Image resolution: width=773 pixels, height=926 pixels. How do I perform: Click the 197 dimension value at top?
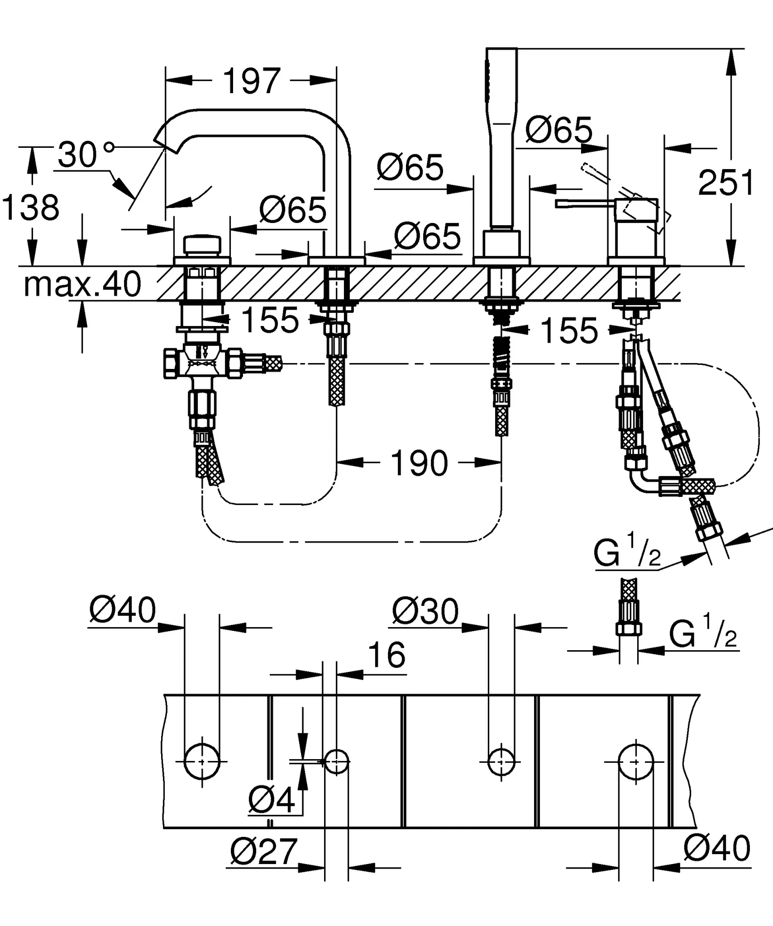click(x=252, y=81)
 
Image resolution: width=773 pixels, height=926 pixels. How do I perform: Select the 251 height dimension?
click(x=725, y=183)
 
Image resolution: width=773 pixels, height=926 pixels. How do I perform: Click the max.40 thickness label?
click(x=82, y=284)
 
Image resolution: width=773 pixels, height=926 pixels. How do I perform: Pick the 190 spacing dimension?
click(x=419, y=463)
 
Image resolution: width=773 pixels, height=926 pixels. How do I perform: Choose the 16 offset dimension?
click(x=386, y=655)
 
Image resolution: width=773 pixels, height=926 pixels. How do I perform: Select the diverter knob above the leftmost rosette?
click(x=202, y=245)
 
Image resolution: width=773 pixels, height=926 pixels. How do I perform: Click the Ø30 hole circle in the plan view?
click(x=501, y=762)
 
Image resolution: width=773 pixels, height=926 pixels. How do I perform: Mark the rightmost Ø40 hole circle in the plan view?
click(x=636, y=761)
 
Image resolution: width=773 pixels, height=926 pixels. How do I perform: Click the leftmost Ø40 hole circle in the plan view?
click(x=202, y=761)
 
